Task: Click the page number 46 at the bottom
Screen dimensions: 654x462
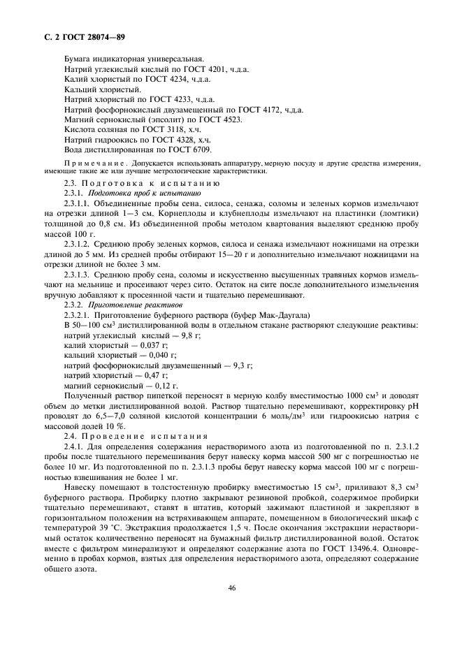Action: pos(231,588)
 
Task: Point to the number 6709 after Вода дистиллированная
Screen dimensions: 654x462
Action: pos(201,150)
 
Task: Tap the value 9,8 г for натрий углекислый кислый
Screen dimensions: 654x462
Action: pos(188,336)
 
